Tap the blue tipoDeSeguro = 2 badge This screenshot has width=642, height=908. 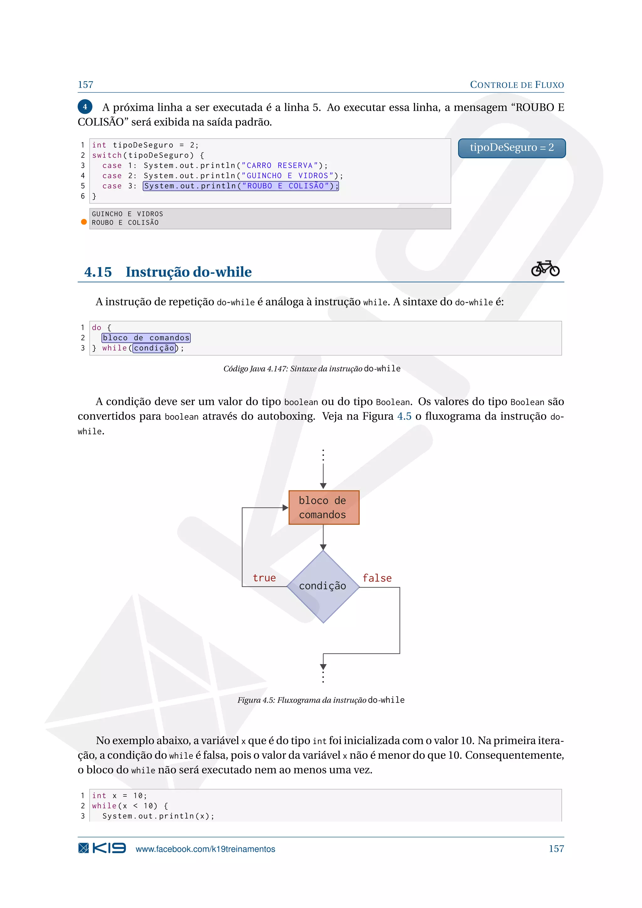[x=512, y=148]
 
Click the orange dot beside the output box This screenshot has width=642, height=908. [x=84, y=222]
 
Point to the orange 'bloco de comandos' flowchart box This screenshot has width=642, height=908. [x=324, y=507]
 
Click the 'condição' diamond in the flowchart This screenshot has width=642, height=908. [x=323, y=586]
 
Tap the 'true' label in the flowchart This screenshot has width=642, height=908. [x=264, y=578]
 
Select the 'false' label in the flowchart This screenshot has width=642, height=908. [x=377, y=578]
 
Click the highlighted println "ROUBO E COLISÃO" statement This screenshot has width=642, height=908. [x=241, y=186]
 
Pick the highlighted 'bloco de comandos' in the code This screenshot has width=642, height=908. [x=146, y=338]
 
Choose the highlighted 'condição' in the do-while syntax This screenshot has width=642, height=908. [x=154, y=348]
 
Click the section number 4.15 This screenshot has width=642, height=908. [x=97, y=272]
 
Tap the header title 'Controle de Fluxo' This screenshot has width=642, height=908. [x=516, y=85]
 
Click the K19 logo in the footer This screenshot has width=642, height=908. [x=102, y=848]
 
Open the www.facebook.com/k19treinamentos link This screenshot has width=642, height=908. [x=205, y=849]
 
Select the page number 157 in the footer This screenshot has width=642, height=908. [x=556, y=849]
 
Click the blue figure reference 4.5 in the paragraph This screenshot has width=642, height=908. [x=404, y=416]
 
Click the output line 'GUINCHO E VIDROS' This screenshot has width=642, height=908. [x=127, y=214]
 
